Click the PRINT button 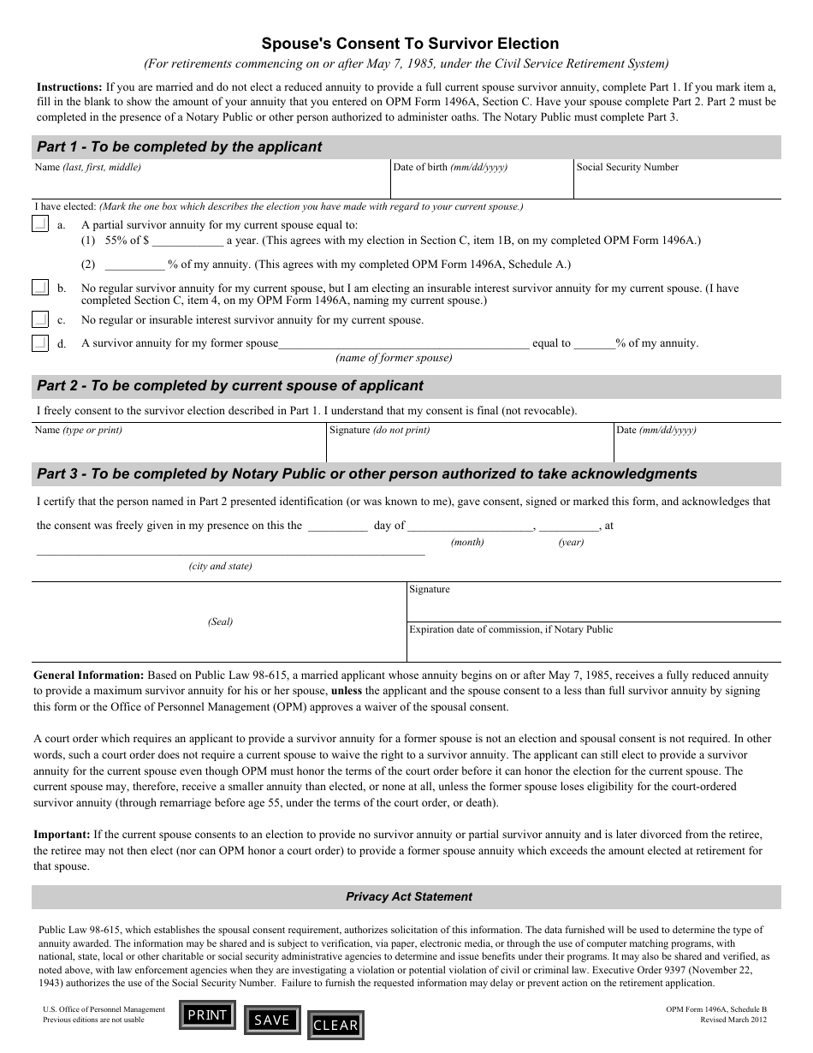pos(207,1014)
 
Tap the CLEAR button pos(335,1025)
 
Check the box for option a pos(40,224)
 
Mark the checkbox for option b pos(40,289)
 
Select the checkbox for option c pos(40,320)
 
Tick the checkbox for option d pos(40,343)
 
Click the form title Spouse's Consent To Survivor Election pos(410,44)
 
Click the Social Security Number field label pos(627,168)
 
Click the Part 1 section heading pos(180,146)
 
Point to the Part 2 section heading pos(230,385)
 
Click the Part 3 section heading pos(367,473)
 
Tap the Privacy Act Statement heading pos(408,896)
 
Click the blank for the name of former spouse pos(404,343)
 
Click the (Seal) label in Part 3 pos(220,622)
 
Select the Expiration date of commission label pos(511,630)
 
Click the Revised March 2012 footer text pos(733,1020)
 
